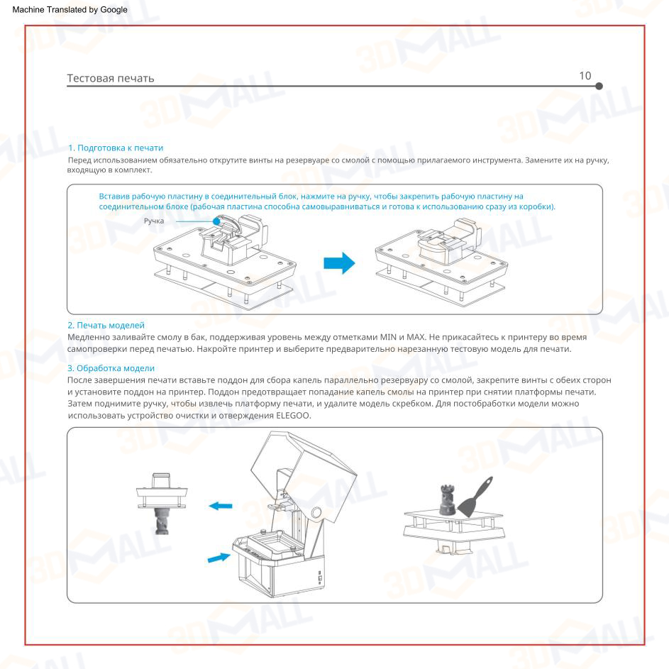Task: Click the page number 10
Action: tap(585, 76)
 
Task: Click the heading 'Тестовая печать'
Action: tap(111, 77)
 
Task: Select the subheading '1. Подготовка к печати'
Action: tap(116, 148)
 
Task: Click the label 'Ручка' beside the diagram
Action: tap(155, 221)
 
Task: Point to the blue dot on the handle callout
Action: tap(216, 221)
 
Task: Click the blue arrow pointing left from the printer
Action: tap(221, 506)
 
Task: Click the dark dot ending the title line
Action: tap(599, 86)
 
